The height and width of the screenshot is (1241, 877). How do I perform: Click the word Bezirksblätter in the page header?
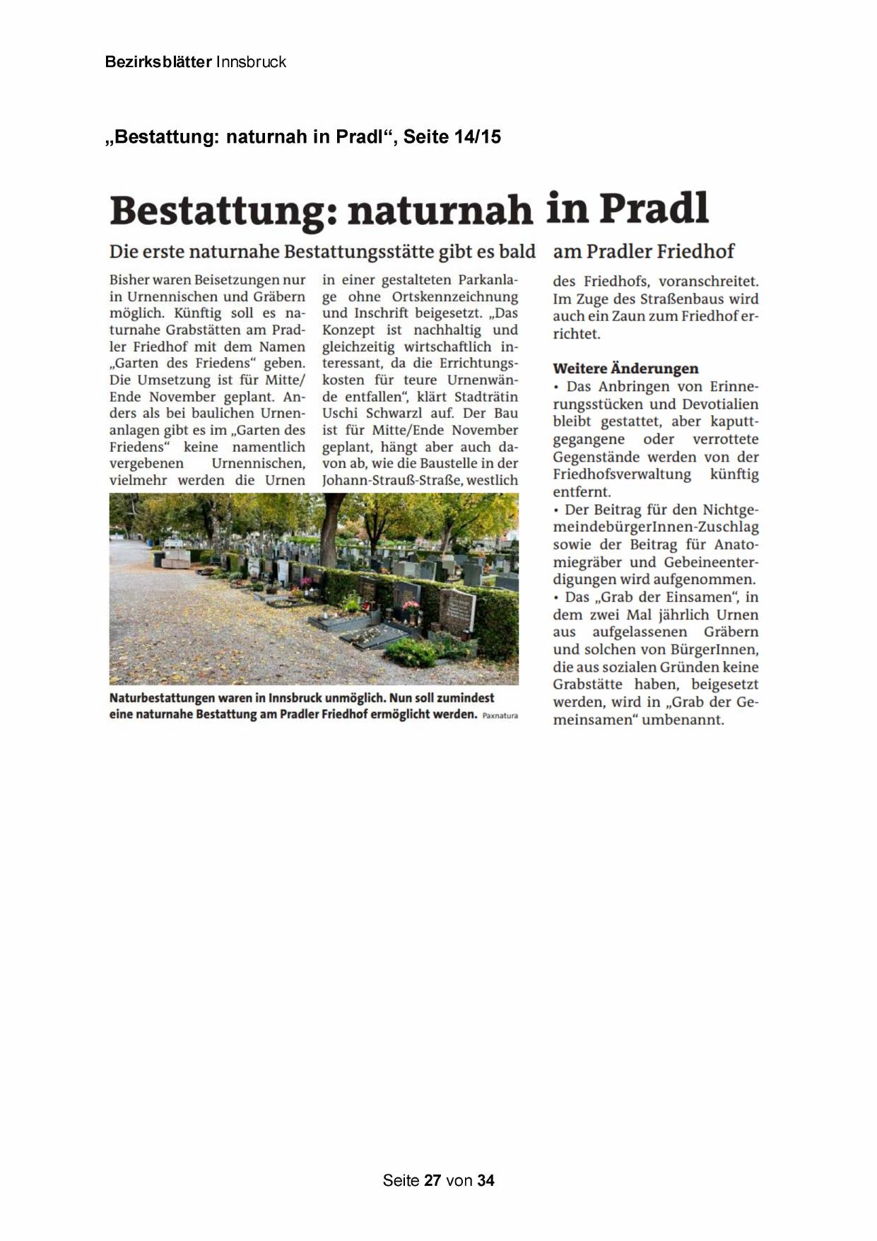click(x=158, y=62)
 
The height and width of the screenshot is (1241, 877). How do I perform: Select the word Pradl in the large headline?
click(x=654, y=209)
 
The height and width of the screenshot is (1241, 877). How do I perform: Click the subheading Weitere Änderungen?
click(x=625, y=368)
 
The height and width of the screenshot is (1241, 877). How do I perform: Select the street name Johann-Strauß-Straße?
click(x=392, y=481)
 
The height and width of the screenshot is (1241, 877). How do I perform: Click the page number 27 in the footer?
click(x=432, y=1180)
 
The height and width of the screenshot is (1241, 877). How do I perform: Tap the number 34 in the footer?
click(x=485, y=1180)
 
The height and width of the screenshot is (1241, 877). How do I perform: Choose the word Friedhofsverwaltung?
click(x=622, y=474)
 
